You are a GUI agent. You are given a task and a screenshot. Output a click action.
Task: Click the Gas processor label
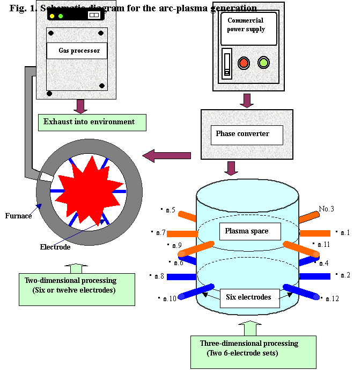pyautogui.click(x=76, y=51)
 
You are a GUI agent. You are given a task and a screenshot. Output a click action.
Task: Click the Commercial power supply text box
pyautogui.click(x=248, y=28)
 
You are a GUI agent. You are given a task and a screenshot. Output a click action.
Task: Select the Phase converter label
pyautogui.click(x=246, y=134)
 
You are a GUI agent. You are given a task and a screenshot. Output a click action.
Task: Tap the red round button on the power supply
pyautogui.click(x=244, y=62)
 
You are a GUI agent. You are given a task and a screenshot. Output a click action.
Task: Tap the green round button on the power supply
pyautogui.click(x=263, y=62)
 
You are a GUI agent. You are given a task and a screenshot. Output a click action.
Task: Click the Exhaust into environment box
pyautogui.click(x=92, y=122)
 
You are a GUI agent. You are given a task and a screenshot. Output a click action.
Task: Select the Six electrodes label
pyautogui.click(x=249, y=297)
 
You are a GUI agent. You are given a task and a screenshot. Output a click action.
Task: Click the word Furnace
pyautogui.click(x=19, y=216)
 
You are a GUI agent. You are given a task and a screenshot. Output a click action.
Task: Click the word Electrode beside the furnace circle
pyautogui.click(x=55, y=247)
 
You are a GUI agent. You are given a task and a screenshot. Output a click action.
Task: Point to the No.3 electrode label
pyautogui.click(x=327, y=209)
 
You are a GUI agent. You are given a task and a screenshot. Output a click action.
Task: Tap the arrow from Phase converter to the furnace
pyautogui.click(x=167, y=156)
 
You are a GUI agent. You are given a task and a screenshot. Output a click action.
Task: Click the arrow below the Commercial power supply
pyautogui.click(x=247, y=101)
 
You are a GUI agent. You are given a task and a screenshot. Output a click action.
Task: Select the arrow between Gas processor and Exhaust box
pyautogui.click(x=80, y=106)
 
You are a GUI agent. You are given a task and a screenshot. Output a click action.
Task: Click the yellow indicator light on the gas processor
pyautogui.click(x=52, y=16)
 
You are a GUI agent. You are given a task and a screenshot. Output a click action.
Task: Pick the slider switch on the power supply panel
pyautogui.click(x=227, y=63)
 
